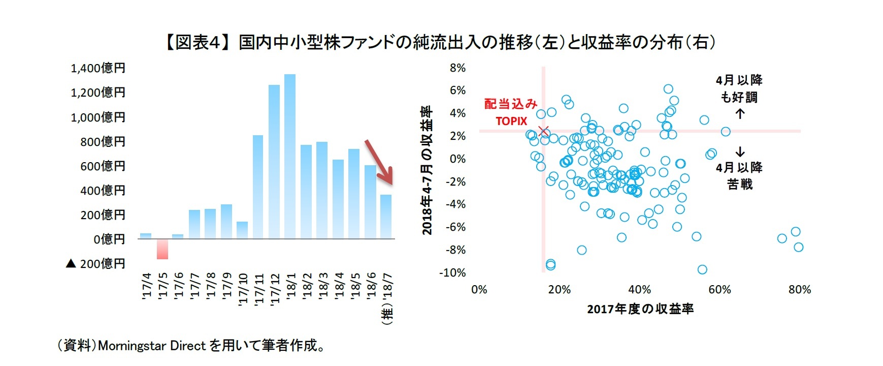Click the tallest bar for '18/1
290,157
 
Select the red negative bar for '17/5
162,249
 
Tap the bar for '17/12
274,162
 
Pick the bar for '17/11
258,187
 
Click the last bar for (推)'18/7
386,217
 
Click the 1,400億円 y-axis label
98,68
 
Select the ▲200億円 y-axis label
95,264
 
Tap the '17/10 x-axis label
243,289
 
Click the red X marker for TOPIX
544,132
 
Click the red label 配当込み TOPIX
511,112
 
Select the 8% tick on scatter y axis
457,68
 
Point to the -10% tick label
452,273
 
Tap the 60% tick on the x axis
720,290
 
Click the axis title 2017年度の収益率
640,309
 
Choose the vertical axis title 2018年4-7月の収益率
427,170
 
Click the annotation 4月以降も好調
739,88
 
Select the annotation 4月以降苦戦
739,176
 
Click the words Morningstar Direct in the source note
152,346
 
